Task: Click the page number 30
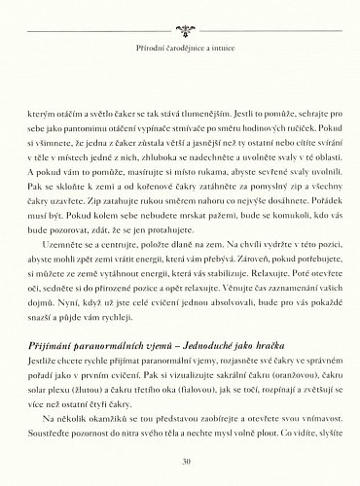[x=180, y=461]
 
